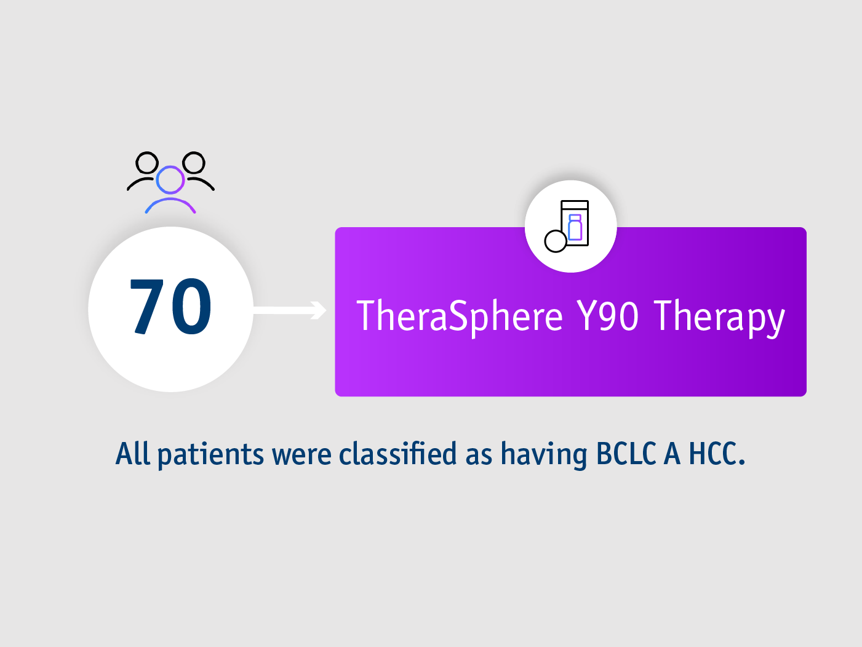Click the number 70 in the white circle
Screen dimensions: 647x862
[170, 307]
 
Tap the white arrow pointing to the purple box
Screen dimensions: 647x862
[289, 310]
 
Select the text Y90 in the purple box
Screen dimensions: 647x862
[607, 316]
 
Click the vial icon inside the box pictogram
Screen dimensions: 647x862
[575, 228]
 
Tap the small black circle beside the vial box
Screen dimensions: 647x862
[556, 241]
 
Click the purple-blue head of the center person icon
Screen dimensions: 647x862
[170, 180]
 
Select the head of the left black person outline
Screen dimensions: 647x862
[147, 163]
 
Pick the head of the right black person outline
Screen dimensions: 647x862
[194, 163]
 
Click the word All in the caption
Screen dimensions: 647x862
[132, 454]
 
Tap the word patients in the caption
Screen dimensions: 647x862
[210, 455]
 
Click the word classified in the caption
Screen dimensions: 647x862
[398, 454]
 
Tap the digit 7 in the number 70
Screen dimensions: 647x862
[147, 307]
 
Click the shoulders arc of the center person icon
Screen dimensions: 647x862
[170, 203]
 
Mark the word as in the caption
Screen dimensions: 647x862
[479, 455]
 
